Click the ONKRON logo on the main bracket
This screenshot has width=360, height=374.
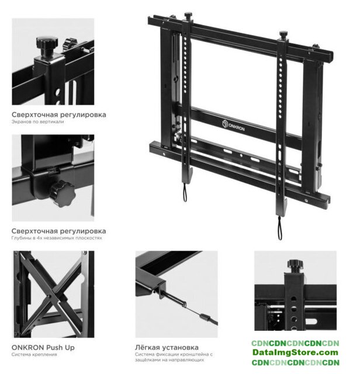click(233, 125)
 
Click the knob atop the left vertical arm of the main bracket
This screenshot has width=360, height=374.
click(188, 16)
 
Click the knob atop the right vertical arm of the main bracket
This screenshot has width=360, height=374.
click(283, 34)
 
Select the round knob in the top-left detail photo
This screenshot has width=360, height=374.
click(47, 45)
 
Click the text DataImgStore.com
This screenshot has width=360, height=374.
click(295, 352)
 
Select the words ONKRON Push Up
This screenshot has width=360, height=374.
click(43, 348)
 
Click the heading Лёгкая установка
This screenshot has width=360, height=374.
click(167, 347)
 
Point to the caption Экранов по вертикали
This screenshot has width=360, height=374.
click(37, 122)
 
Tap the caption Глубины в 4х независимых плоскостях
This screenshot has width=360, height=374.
click(57, 238)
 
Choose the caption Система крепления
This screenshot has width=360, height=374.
click(34, 355)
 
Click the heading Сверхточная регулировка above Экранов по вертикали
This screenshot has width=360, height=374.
click(59, 115)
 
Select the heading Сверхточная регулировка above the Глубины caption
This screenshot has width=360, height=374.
click(59, 231)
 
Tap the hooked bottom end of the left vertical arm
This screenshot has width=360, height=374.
click(187, 175)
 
